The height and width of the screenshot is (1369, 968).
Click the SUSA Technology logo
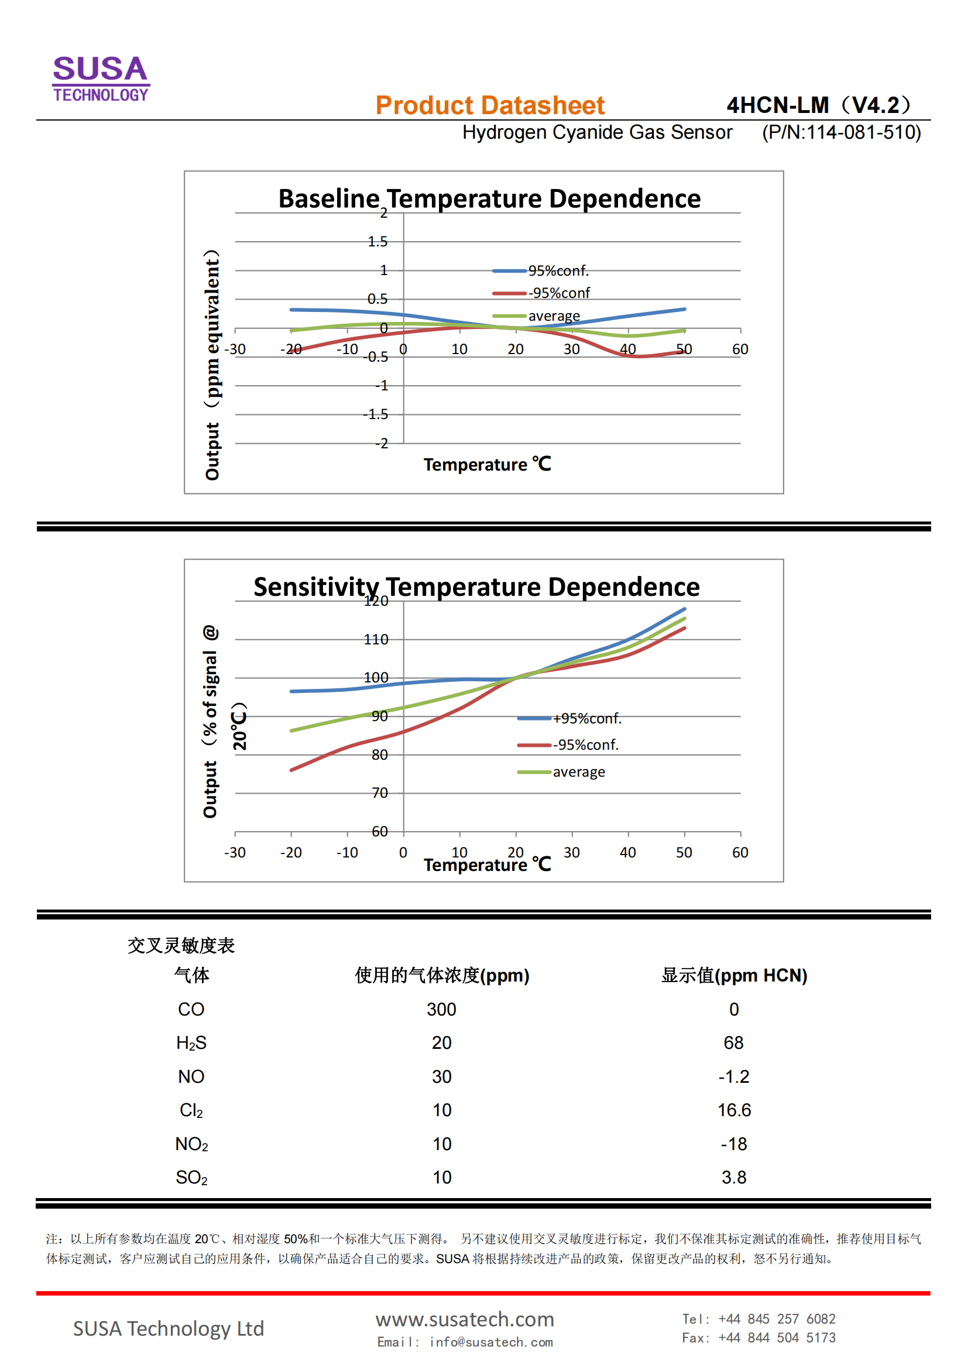pos(101,78)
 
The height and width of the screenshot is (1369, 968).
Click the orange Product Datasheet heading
pos(489,105)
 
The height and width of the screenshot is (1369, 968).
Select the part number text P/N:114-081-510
pos(841,132)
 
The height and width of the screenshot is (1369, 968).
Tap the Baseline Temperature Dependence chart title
pos(489,198)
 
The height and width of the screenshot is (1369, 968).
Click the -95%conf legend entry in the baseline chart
pos(558,293)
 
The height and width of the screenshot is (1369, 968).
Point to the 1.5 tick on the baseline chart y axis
pos(377,242)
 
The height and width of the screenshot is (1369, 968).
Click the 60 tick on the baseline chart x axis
pos(740,349)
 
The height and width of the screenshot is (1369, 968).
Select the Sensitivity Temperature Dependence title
pos(476,586)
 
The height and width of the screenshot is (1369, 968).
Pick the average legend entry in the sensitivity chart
pos(578,772)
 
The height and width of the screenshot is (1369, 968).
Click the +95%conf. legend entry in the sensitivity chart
pos(586,719)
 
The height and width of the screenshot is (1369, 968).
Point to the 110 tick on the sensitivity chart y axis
pos(376,640)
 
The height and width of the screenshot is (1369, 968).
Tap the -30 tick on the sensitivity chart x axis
pos(235,853)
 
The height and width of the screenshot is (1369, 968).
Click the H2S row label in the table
pos(191,1043)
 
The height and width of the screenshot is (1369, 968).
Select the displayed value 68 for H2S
pos(733,1043)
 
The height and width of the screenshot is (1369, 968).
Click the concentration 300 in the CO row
pos(441,1010)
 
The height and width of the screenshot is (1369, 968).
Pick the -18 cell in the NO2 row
pos(733,1144)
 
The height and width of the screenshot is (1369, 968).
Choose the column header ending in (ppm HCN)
pos(734,976)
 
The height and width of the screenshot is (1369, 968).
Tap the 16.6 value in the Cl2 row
pos(734,1110)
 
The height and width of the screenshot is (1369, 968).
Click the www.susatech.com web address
pos(464,1319)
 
